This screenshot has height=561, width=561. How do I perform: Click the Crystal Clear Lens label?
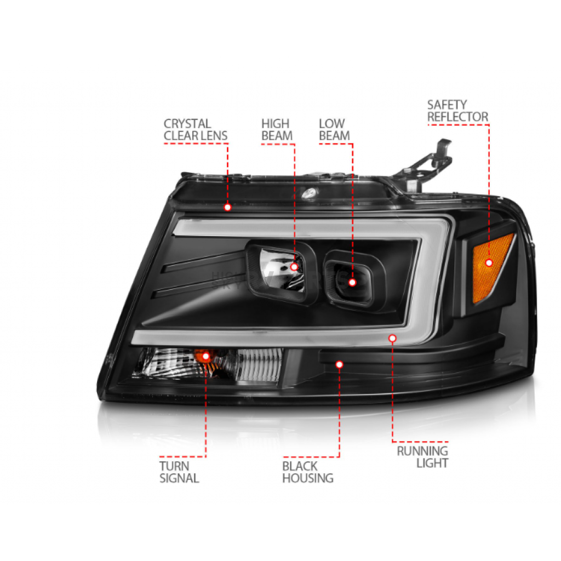tap(196, 129)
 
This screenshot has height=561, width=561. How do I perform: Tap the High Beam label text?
tap(277, 129)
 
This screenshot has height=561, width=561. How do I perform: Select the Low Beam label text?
tap(334, 129)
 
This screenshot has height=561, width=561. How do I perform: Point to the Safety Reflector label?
tap(457, 111)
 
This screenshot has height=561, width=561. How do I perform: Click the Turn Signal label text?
tap(179, 472)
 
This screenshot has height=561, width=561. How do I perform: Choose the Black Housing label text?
tap(308, 472)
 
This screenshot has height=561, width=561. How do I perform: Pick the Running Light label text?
tap(422, 457)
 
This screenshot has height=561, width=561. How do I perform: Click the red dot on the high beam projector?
tap(294, 267)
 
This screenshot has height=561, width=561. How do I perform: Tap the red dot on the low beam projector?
tap(352, 283)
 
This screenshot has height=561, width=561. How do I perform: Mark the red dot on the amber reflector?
tap(489, 263)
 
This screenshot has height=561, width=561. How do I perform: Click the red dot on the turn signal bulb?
tap(206, 356)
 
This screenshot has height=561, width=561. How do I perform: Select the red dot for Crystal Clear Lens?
tap(227, 207)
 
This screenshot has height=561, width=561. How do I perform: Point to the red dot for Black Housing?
tap(339, 364)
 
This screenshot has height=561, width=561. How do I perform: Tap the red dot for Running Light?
tap(392, 338)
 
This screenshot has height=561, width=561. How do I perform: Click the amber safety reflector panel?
tap(492, 269)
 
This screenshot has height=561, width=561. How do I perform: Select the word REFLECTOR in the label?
tap(457, 117)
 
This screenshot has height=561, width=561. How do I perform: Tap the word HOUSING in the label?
tap(308, 478)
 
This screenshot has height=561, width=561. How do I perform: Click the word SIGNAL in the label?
tap(179, 478)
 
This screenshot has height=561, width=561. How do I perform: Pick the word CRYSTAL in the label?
tap(187, 124)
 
